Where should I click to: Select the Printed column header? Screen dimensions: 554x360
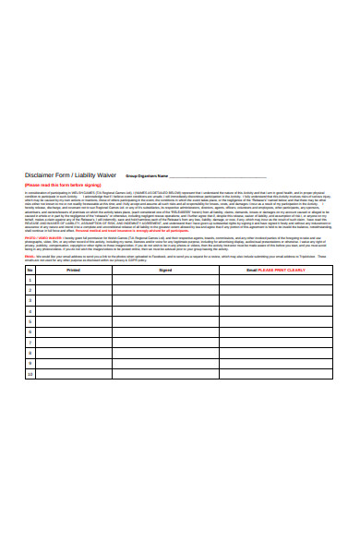[74, 270]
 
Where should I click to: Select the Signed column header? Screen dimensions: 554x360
[165, 270]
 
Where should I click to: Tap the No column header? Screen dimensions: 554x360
[30, 270]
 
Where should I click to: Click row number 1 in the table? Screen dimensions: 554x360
[30, 280]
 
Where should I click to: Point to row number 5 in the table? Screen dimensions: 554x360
[30, 322]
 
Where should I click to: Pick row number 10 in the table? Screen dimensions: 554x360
[30, 375]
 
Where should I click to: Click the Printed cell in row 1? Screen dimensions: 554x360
[74, 280]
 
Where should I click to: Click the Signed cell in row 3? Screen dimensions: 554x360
[165, 301]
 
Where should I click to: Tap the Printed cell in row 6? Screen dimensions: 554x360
[74, 332]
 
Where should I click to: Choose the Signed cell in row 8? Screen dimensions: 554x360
[165, 354]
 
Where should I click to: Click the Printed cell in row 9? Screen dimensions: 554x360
[74, 365]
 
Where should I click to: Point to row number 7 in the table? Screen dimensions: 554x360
[30, 343]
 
